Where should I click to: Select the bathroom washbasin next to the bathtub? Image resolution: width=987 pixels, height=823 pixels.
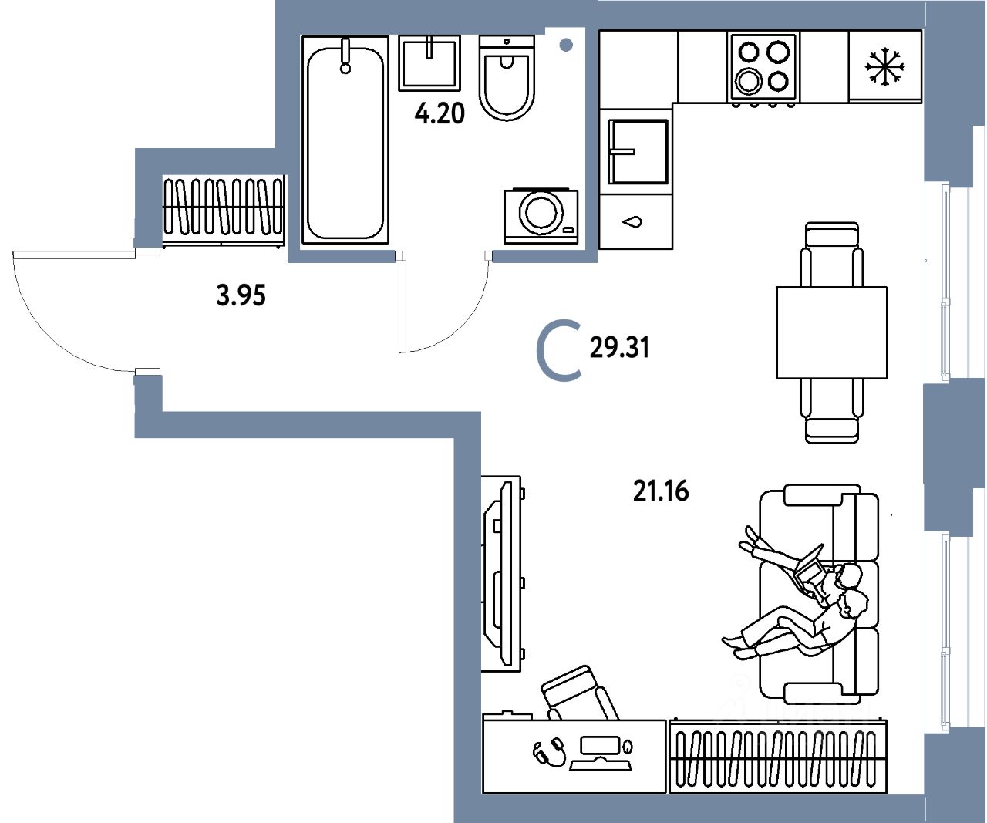pyautogui.click(x=429, y=62)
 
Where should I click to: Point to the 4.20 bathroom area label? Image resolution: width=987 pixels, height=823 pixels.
pyautogui.click(x=440, y=114)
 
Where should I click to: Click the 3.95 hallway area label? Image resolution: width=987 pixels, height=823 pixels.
pyautogui.click(x=241, y=295)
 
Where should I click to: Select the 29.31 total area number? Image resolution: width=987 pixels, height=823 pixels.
pyautogui.click(x=619, y=349)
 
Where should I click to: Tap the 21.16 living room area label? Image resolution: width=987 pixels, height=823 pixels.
pyautogui.click(x=661, y=491)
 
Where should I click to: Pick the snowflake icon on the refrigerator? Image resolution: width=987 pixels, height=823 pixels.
pyautogui.click(x=884, y=67)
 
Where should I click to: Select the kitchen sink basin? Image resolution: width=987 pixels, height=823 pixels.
pyautogui.click(x=638, y=152)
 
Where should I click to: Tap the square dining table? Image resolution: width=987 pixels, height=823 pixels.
pyautogui.click(x=831, y=332)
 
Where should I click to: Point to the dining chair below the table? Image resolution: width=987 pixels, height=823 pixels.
pyautogui.click(x=831, y=413)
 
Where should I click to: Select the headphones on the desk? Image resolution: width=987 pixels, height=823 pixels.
pyautogui.click(x=549, y=751)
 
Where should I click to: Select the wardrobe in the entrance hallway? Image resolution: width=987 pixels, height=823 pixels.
pyautogui.click(x=223, y=208)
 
